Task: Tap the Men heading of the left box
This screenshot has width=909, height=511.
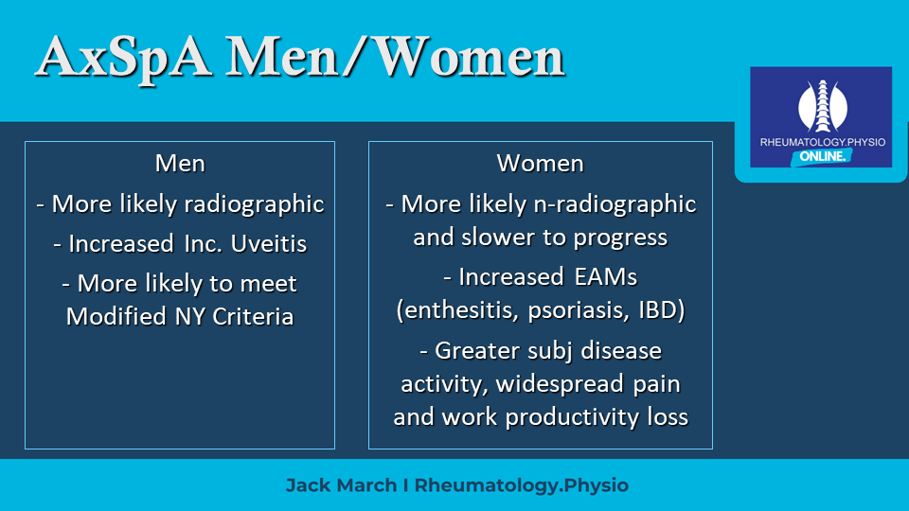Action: coord(180,164)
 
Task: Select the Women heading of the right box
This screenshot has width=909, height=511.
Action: coord(540,164)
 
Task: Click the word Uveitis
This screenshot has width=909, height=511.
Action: coord(268,244)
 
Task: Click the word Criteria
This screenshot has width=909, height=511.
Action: coord(254,317)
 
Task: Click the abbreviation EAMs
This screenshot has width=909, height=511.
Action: coord(605,277)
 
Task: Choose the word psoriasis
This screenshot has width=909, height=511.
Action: coord(579,311)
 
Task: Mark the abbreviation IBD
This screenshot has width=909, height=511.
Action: coord(662,310)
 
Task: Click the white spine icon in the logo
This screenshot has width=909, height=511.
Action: coord(822,106)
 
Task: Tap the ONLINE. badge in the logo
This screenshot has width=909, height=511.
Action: coord(822,156)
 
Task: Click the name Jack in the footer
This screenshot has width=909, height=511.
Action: coord(307,485)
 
